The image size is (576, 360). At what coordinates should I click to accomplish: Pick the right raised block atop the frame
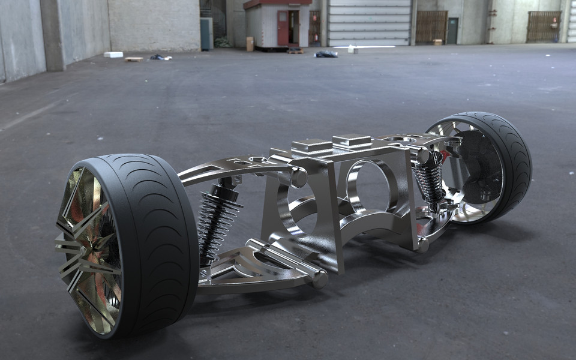pos(352,140)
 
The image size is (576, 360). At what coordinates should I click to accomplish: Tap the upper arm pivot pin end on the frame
pos(298,178)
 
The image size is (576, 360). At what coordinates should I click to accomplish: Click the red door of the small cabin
pos(283,28)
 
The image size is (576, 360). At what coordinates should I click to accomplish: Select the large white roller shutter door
pos(369,22)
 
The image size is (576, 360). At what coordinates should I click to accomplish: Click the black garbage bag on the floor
pos(326,54)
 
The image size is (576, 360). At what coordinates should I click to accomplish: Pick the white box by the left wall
pos(113,55)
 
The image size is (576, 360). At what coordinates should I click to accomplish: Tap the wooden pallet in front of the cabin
pos(295,51)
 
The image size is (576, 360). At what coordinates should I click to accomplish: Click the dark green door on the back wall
pos(452,30)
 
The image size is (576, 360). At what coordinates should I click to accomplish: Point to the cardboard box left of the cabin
pos(250,43)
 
